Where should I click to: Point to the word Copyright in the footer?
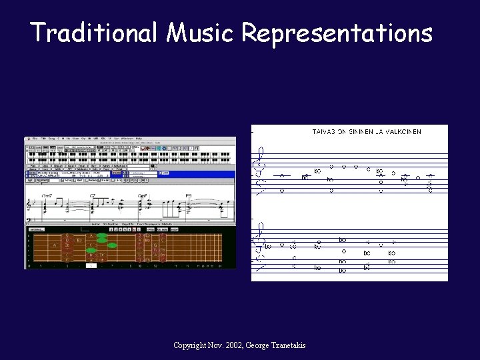coord(192,345)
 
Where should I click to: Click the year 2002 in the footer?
coord(233,345)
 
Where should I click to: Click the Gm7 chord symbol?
coord(47,196)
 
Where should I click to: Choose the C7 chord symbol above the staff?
coord(94,196)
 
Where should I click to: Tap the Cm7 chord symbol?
coord(142,196)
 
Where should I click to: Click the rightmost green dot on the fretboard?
coord(111,245)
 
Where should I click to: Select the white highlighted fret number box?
coord(91,265)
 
